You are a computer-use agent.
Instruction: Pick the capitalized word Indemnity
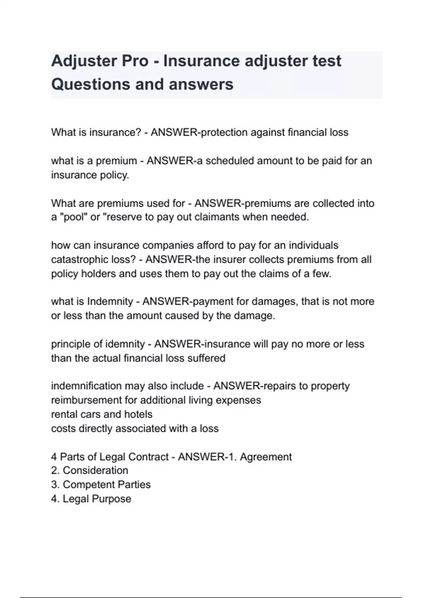(110, 301)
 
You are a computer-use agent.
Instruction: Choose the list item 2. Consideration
(90, 471)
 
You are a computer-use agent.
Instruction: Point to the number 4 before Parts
(54, 457)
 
